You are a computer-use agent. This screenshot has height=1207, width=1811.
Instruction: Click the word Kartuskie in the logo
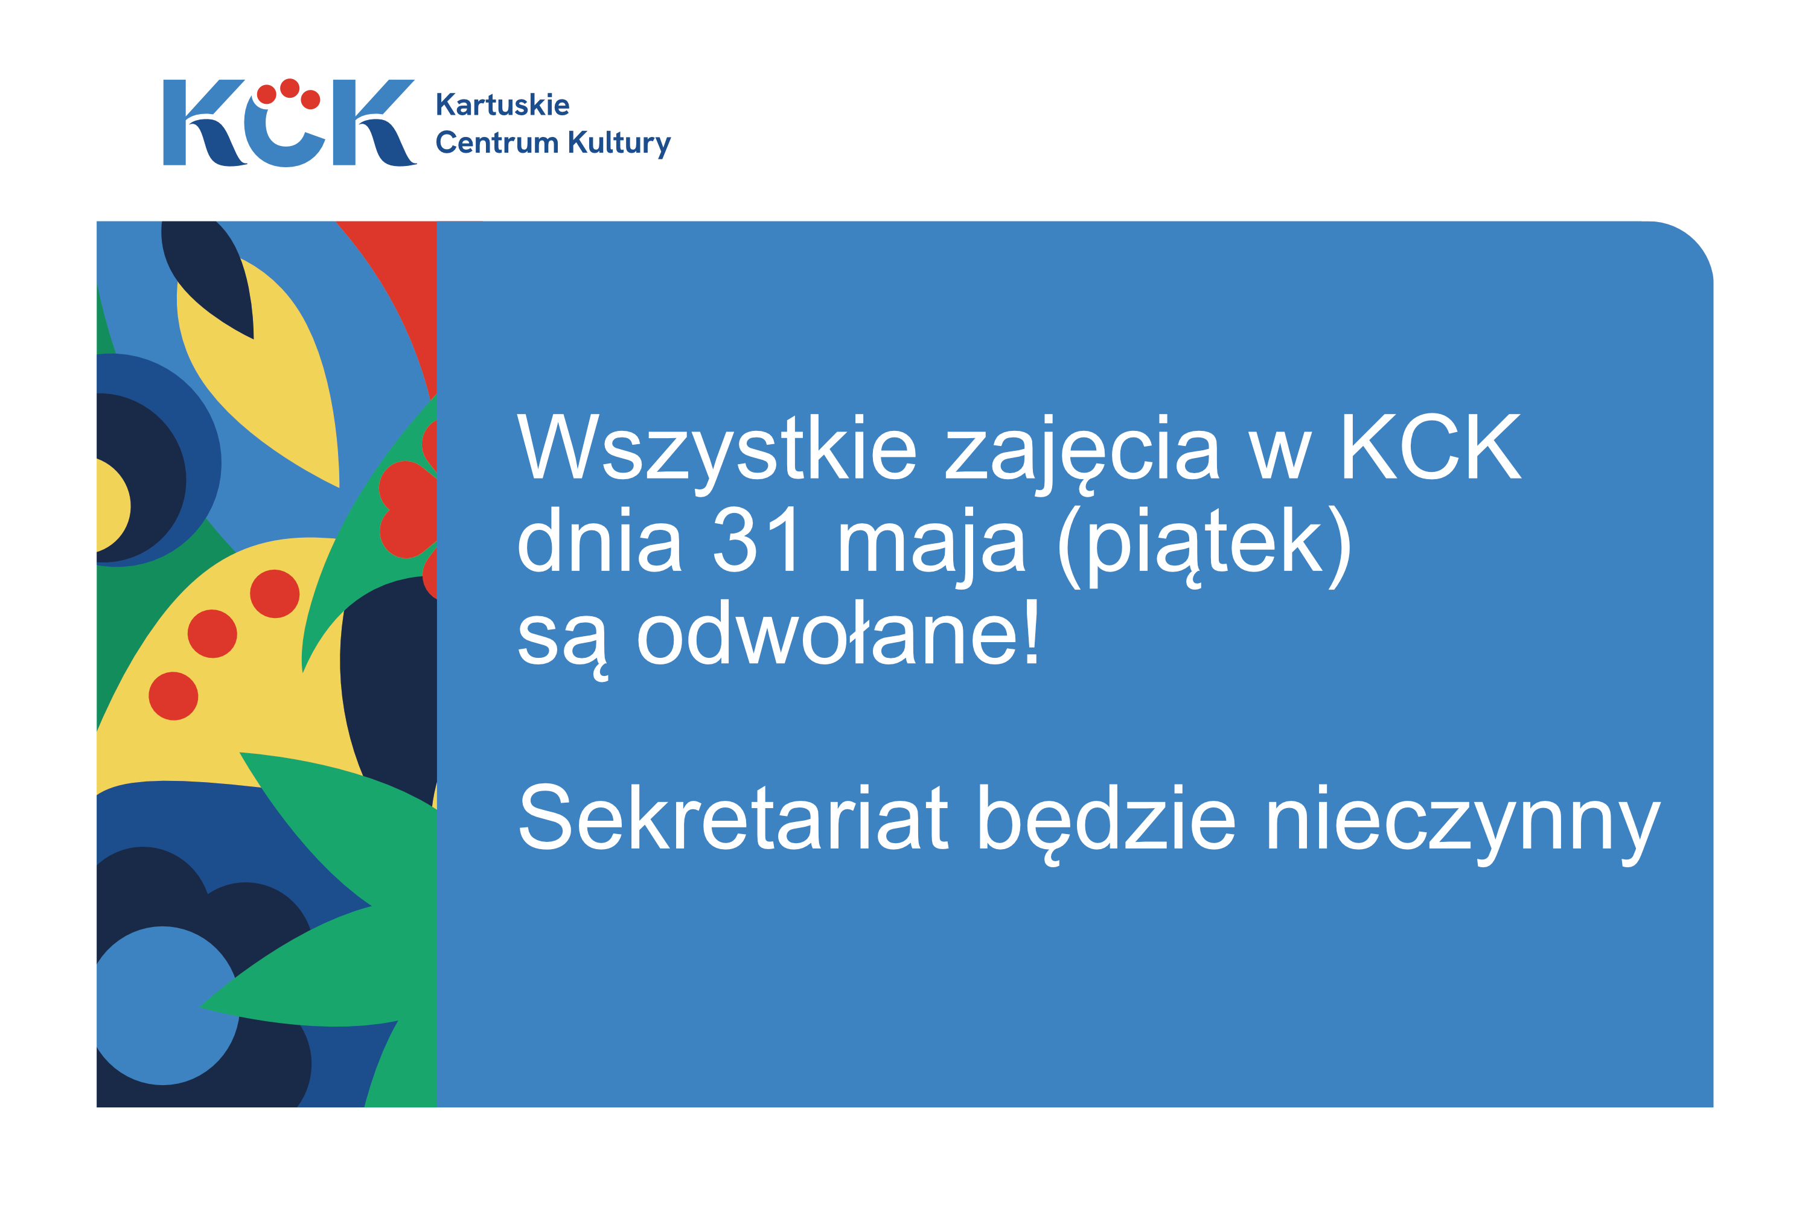pos(503,104)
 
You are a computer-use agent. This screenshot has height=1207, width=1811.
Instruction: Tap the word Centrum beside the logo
pos(497,142)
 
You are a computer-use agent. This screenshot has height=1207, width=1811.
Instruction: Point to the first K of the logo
pos(203,123)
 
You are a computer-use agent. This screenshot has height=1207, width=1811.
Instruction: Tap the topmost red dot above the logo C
pos(290,88)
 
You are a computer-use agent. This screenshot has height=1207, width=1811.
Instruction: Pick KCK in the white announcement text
pos(1430,447)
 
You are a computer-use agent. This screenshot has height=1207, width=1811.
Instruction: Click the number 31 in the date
pos(757,540)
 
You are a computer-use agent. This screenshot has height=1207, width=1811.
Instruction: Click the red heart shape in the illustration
pos(408,509)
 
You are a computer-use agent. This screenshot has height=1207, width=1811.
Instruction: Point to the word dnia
pos(598,540)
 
